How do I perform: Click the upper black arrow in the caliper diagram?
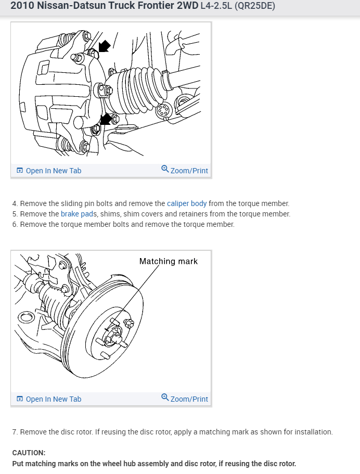coord(104,46)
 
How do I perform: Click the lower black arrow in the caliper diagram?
coord(106,119)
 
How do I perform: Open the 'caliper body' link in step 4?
coord(187,203)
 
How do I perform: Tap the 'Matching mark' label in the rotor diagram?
coord(168,261)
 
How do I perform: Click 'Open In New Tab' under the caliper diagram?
coord(53,171)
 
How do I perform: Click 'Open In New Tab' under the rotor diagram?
coord(53,399)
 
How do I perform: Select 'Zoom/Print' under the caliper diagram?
coord(189,171)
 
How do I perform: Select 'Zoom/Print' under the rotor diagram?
coord(189,399)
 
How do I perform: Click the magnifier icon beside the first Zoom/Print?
coord(165,169)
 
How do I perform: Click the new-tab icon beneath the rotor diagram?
coord(20,399)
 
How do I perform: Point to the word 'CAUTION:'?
coord(29,453)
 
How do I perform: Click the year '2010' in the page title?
coord(21,6)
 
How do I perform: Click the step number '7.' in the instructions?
coord(15,432)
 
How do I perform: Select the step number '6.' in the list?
coord(15,224)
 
